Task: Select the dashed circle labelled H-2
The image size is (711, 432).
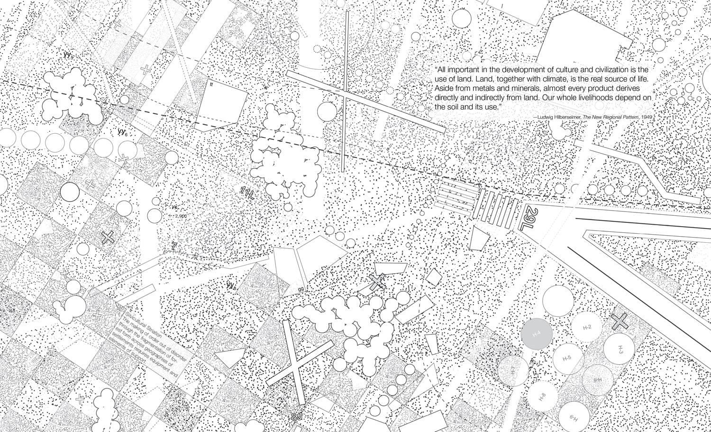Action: [587, 328]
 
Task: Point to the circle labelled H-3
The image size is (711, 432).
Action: [620, 349]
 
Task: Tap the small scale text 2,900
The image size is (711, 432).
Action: [181, 216]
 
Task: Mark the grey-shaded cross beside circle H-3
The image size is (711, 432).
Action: [619, 322]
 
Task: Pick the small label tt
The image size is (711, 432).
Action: [211, 84]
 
